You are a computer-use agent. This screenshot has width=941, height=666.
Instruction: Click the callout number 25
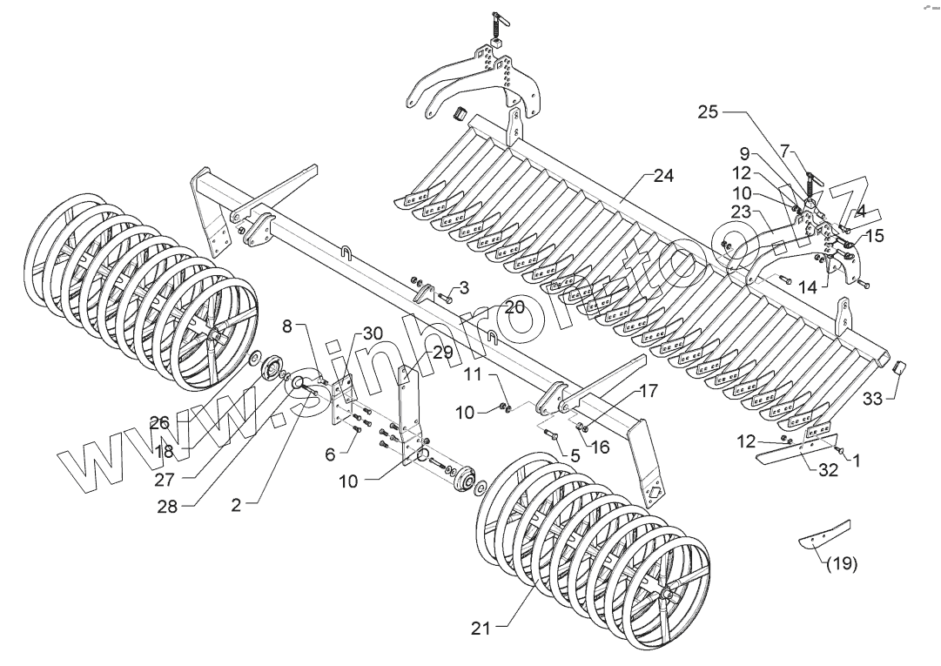pos(709,112)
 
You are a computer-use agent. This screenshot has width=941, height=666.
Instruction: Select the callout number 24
pos(664,176)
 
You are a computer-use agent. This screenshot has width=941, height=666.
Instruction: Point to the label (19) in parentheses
pos(841,563)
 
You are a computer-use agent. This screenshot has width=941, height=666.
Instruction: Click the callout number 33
pos(873,399)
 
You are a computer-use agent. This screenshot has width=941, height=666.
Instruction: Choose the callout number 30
pos(373,333)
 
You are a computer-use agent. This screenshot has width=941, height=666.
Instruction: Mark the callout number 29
pos(443,352)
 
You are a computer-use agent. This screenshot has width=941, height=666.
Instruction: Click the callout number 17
pos(648,392)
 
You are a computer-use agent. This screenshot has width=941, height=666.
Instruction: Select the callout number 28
pos(167,507)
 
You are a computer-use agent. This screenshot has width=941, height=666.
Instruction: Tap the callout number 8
pos(288,326)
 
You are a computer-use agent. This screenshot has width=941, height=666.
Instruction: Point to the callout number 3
pos(464,286)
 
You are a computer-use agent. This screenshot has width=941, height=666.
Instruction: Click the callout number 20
pos(514,307)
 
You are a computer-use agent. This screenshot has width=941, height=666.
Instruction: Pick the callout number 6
pos(331,454)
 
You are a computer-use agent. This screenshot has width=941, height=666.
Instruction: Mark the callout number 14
pos(807,287)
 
